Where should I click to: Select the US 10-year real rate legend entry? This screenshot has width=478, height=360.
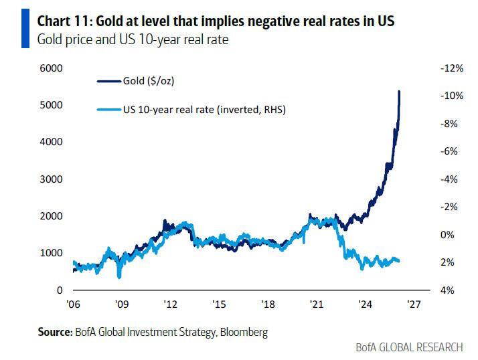(204, 110)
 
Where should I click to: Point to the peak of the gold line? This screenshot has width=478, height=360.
(400, 91)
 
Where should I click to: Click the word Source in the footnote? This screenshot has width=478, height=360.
(53, 331)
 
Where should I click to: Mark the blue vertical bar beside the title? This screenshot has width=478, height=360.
(25, 30)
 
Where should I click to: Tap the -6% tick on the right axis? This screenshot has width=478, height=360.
(449, 151)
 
